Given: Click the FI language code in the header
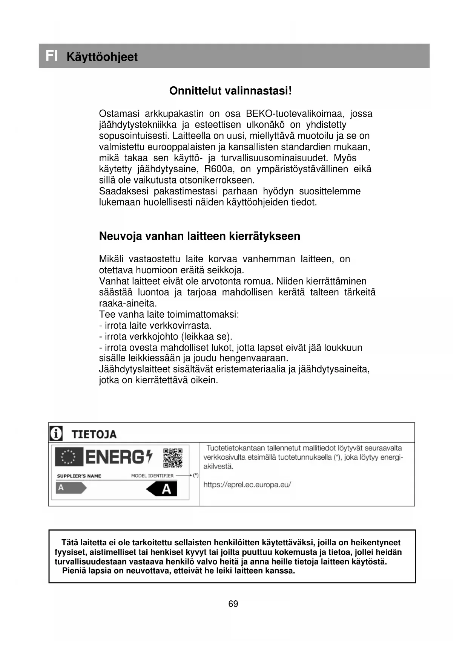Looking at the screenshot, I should point(52,56).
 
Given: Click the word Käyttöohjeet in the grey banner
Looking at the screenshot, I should point(102,57).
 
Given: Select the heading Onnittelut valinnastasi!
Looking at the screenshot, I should point(230,91).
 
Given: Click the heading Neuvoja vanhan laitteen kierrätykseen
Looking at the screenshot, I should point(199,236).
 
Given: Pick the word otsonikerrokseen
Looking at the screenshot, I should point(216,180).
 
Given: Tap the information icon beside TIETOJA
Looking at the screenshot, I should point(56,434).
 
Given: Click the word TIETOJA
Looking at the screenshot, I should point(94,435).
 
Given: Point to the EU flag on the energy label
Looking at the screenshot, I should point(69,457).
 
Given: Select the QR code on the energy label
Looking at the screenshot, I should point(173,458).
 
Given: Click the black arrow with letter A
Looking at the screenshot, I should point(162,489).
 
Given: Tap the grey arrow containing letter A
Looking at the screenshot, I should point(71,488).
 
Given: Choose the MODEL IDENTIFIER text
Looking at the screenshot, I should point(152,476).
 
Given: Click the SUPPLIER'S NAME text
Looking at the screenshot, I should point(79,476).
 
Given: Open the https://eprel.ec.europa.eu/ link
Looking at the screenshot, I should point(247,485).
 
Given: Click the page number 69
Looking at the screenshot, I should point(233,604).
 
